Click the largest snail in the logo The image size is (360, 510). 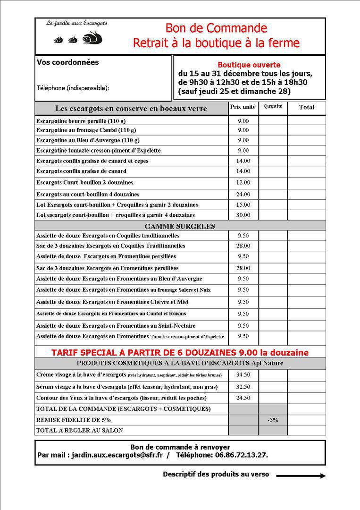[x=92, y=38]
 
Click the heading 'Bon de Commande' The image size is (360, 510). [x=216, y=28]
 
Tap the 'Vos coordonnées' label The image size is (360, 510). [x=67, y=62]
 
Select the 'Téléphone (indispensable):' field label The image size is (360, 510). [x=73, y=88]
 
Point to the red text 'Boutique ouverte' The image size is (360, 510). [x=249, y=65]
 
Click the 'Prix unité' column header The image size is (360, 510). [x=243, y=107]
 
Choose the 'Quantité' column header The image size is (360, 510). [x=273, y=107]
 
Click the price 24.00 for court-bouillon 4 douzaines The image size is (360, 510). [x=243, y=194]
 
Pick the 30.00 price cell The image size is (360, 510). [x=243, y=215]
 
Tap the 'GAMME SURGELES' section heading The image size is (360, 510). [x=180, y=226]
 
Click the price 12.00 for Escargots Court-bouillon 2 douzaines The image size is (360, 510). [x=243, y=182]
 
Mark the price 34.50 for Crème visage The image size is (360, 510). [x=243, y=375]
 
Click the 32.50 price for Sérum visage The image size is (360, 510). [x=243, y=387]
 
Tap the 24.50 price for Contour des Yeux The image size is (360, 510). [x=243, y=398]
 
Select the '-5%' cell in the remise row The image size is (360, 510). [x=273, y=420]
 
